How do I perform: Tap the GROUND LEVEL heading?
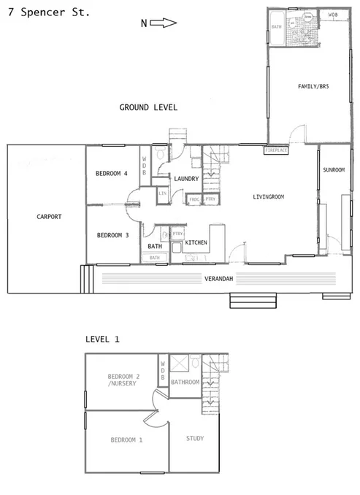coord(148,107)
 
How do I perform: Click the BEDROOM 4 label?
coord(112,174)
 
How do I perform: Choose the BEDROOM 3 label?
coord(112,235)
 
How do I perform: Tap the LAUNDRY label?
coord(186,178)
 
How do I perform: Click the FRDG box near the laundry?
coord(194,199)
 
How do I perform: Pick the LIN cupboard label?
coord(163,193)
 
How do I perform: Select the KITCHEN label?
coord(196,242)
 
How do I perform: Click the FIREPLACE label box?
coord(276,150)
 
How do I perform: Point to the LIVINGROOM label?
coord(268,197)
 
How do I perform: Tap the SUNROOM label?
coord(334,169)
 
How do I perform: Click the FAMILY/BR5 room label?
coord(313,87)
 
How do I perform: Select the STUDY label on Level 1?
coord(195,439)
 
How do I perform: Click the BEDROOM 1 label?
coord(126,440)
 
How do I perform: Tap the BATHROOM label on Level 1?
coord(185,382)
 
